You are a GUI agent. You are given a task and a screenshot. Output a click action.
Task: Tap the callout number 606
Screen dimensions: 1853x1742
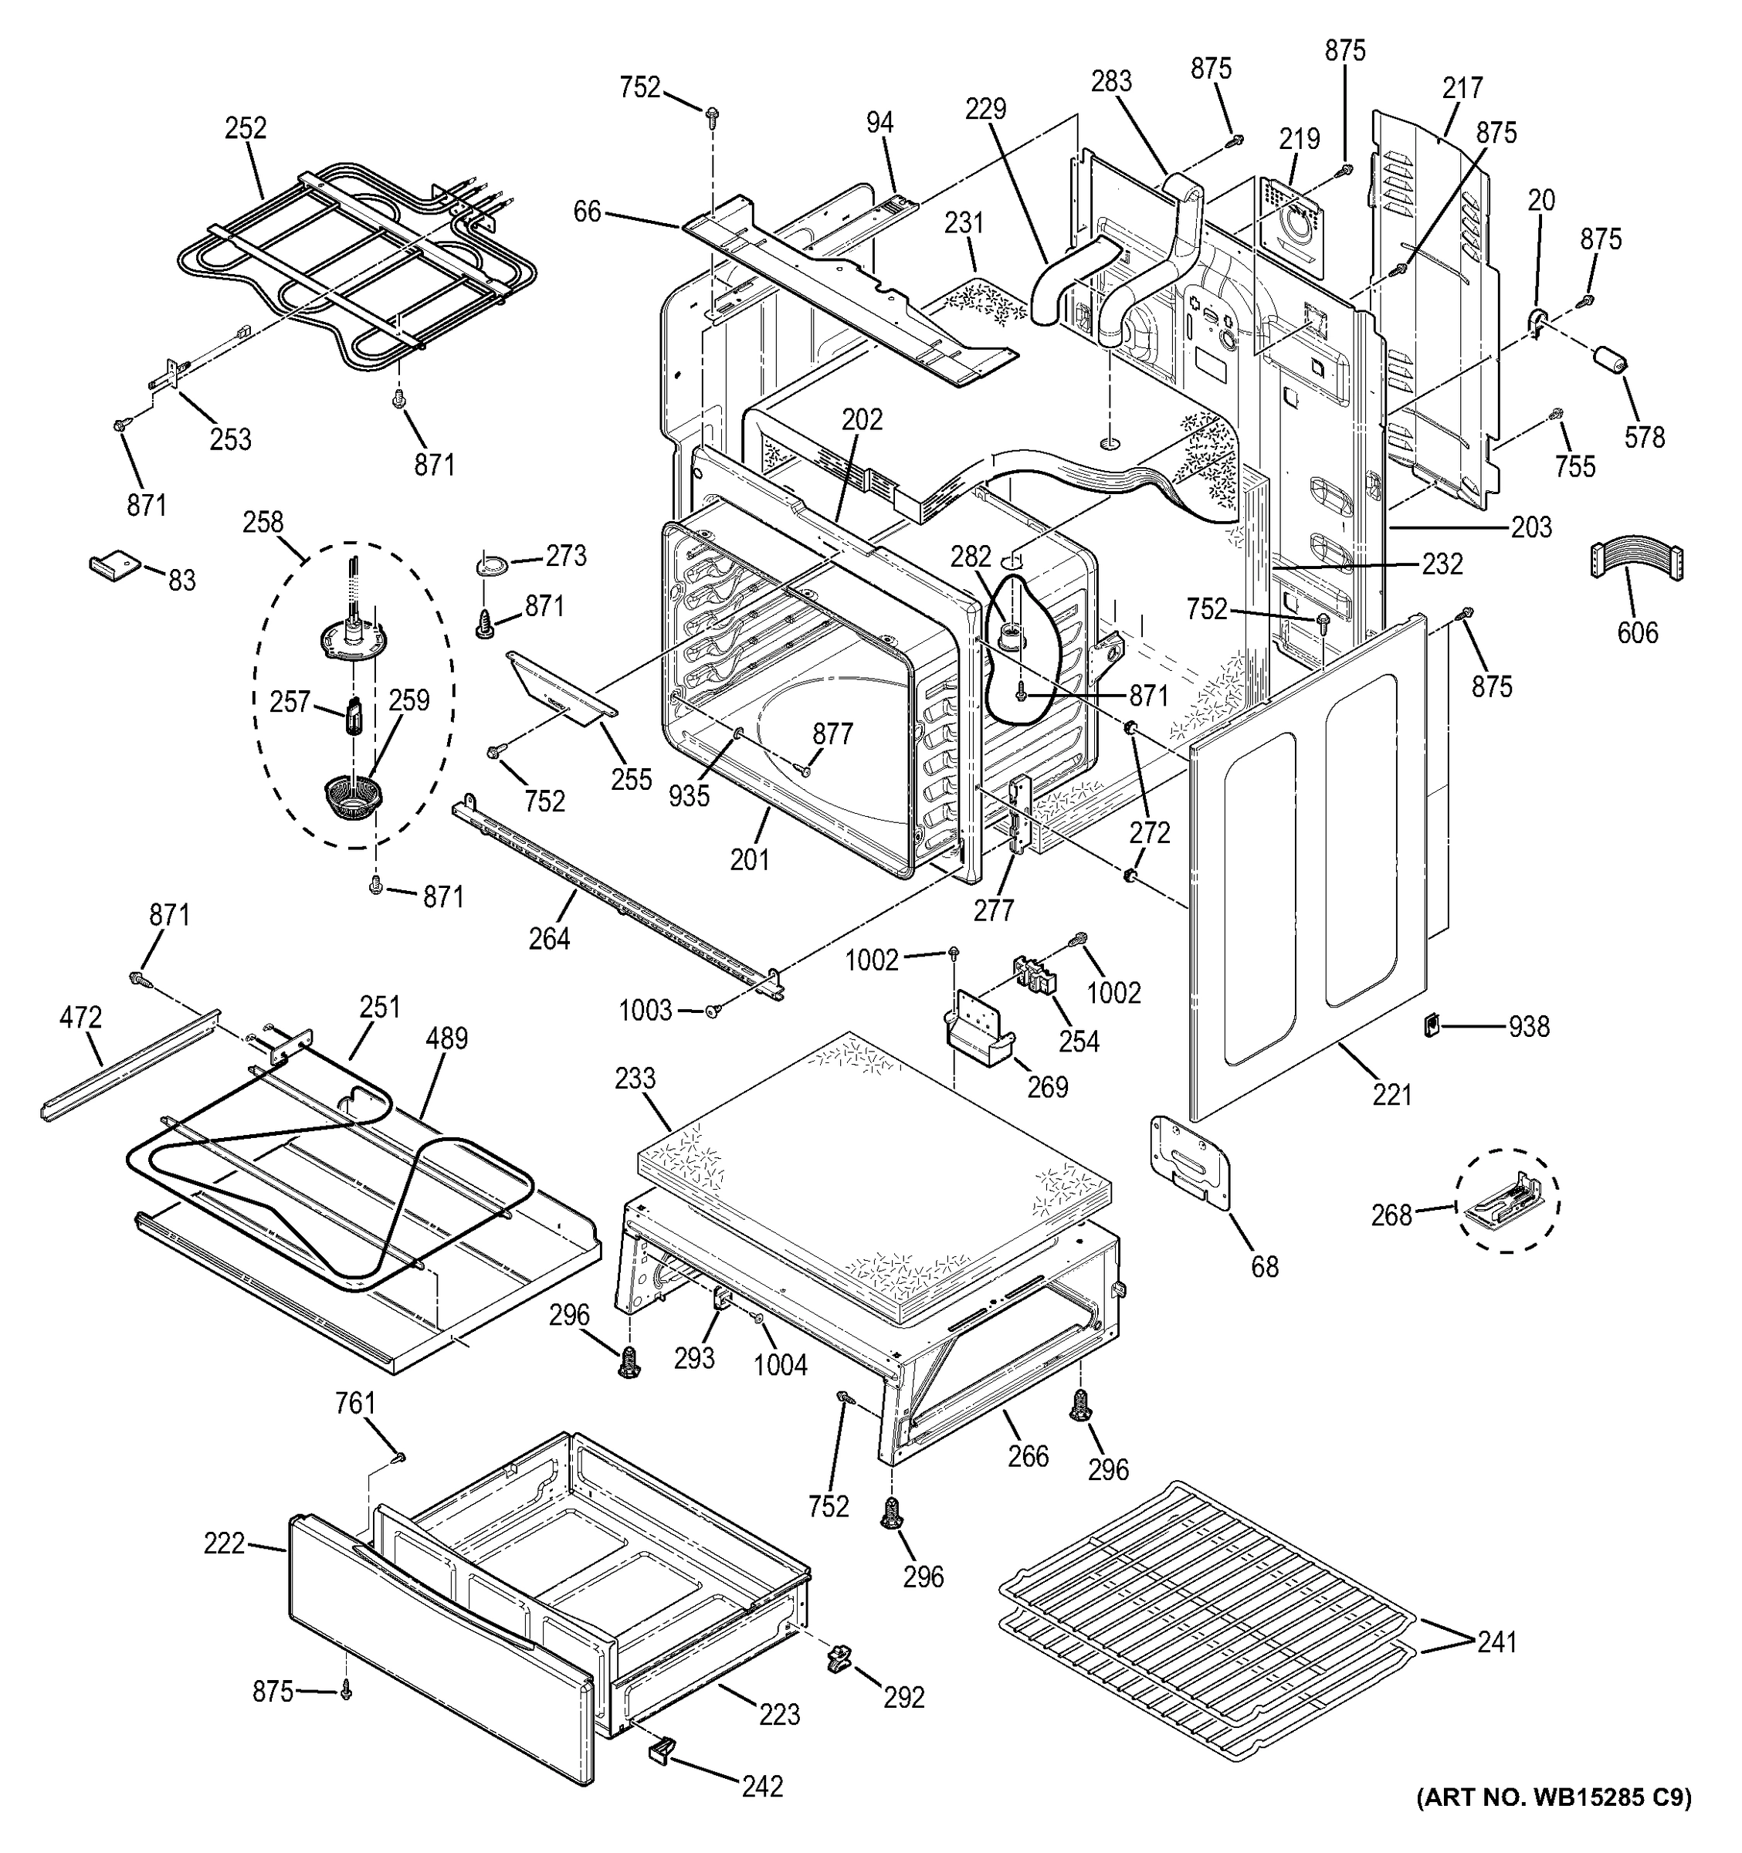pos(1638,633)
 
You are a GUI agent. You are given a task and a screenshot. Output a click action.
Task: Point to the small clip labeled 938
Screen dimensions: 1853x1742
pos(1431,1025)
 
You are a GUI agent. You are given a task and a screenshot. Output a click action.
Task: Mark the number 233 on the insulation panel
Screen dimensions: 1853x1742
pos(635,1079)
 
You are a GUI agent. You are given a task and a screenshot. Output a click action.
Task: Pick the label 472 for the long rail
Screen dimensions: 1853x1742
pos(80,1018)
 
